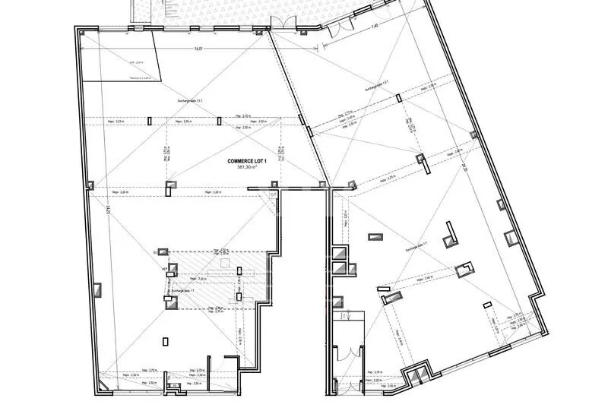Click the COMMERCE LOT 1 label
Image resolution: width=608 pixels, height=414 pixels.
[252, 161]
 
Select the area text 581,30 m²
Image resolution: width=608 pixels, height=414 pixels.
[252, 168]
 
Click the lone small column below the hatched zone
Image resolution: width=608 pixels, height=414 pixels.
[166, 342]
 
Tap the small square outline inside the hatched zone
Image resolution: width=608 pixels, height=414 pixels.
[223, 262]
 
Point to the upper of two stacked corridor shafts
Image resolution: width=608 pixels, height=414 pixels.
[340, 254]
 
